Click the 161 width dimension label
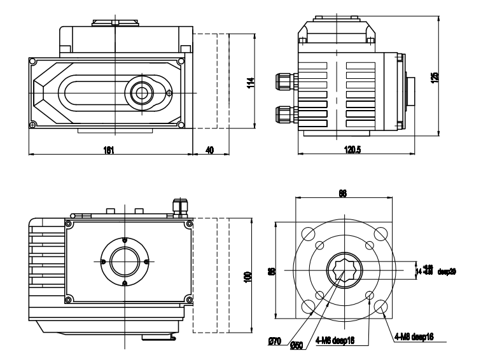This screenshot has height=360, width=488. pos(109,150)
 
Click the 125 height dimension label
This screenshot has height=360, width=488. pos(434,76)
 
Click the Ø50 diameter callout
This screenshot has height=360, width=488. pos(296,345)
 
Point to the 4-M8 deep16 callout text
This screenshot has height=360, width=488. pos(414,336)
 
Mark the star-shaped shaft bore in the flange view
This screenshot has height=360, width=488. pos(343,271)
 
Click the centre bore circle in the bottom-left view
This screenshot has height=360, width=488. pos(124,261)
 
